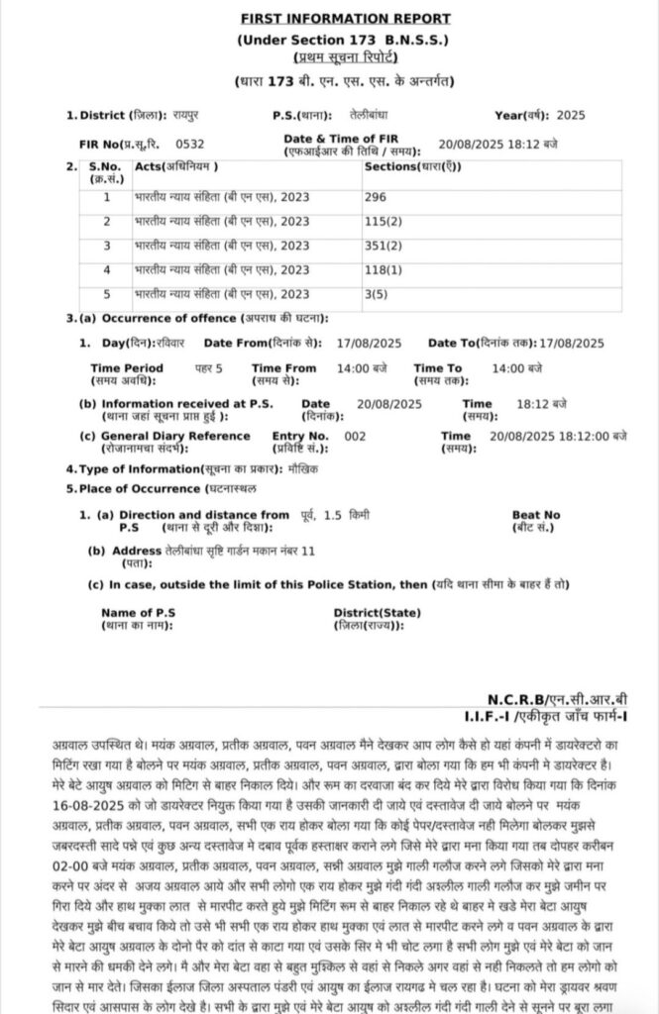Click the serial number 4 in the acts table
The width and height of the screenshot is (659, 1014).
pyautogui.click(x=107, y=269)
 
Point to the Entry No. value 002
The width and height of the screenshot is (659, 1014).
pyautogui.click(x=354, y=436)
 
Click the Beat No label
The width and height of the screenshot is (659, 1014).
pyautogui.click(x=535, y=515)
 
